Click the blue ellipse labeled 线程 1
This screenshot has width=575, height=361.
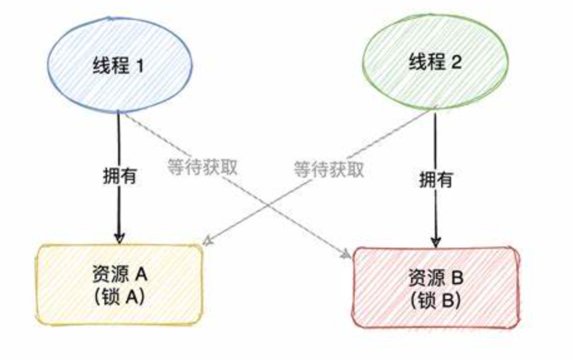[120, 65]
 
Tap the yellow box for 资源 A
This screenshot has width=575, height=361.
[119, 285]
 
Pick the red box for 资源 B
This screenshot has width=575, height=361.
[436, 287]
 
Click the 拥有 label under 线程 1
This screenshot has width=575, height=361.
[119, 176]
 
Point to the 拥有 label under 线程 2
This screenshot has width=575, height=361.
[437, 180]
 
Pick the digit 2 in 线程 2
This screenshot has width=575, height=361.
[456, 63]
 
